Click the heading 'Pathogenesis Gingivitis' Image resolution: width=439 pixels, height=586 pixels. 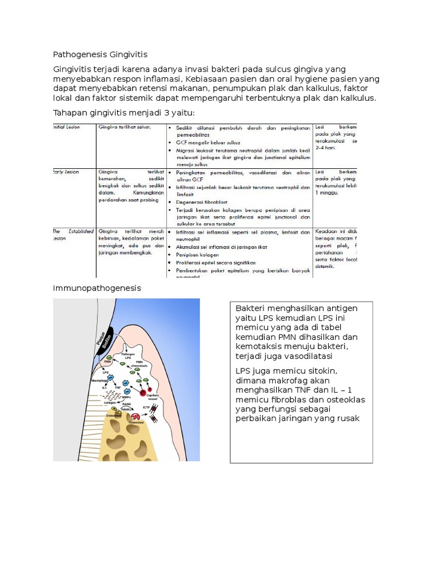coord(100,54)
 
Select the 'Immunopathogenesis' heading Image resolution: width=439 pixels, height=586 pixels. coord(97,288)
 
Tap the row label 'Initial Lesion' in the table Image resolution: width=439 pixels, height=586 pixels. coord(65,127)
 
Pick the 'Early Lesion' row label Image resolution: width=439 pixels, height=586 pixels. coord(65,172)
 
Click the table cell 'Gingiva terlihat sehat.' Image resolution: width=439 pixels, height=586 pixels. coord(125,127)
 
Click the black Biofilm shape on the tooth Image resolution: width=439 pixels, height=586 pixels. coord(106,339)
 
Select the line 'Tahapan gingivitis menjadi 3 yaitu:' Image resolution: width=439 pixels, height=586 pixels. coord(123,112)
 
